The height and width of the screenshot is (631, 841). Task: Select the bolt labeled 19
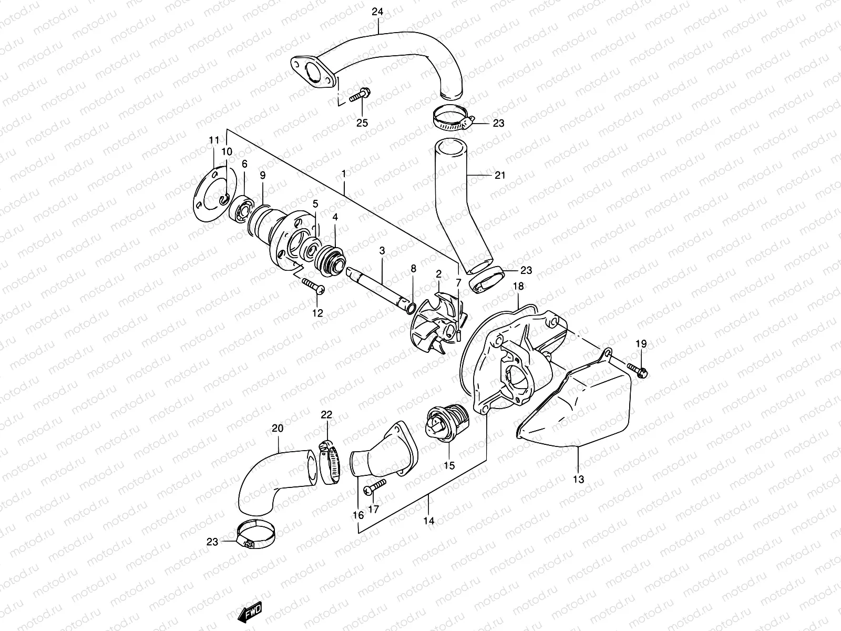point(638,370)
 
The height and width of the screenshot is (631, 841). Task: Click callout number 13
point(578,480)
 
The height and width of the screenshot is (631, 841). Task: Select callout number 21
point(500,175)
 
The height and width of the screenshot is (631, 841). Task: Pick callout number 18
point(518,287)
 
